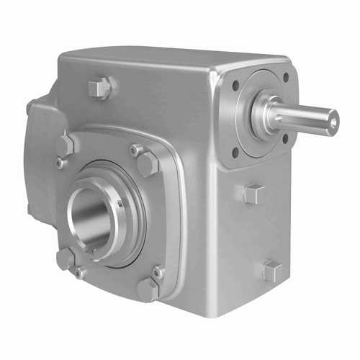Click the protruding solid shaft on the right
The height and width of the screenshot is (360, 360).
click(306, 117)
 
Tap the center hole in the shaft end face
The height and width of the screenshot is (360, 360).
click(332, 121)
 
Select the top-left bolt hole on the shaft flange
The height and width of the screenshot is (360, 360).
click(235, 85)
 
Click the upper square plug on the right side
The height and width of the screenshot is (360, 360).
click(253, 193)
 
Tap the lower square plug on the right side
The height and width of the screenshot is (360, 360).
click(271, 271)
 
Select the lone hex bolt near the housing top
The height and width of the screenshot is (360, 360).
click(99, 89)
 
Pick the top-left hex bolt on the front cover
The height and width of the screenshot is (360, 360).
click(65, 145)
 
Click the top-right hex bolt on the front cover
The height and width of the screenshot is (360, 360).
click(148, 164)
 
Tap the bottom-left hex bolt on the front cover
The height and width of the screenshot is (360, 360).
click(66, 258)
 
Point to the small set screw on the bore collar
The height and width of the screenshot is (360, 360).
click(120, 204)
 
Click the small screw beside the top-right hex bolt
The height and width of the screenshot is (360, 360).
click(134, 150)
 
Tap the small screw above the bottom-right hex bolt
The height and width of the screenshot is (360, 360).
click(158, 272)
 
